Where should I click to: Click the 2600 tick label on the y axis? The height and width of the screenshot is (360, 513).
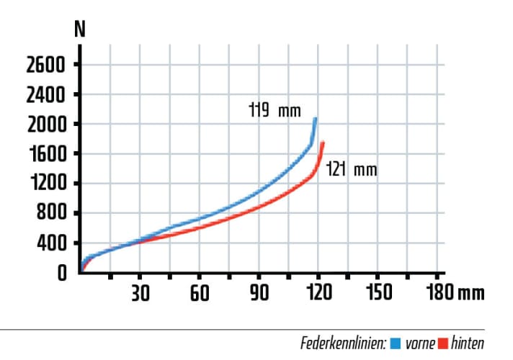point(45,66)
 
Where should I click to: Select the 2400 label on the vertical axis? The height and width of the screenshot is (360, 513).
point(45,95)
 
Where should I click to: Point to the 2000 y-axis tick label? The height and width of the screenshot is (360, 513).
point(45,125)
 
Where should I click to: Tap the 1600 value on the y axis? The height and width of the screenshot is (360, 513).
point(45,154)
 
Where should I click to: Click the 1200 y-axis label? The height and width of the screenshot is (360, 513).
point(45,184)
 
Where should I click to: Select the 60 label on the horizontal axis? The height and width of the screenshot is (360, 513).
point(200,292)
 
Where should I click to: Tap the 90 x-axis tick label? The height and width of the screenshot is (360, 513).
point(259,292)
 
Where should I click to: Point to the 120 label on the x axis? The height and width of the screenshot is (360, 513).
point(318,292)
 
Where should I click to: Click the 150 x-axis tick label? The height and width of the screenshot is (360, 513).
point(378,292)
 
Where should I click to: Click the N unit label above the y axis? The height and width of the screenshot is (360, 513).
point(81,31)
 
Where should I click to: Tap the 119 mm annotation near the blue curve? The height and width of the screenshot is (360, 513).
point(269,112)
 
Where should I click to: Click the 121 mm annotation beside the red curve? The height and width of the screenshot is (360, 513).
point(351,171)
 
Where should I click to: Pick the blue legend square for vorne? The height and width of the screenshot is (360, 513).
point(395,343)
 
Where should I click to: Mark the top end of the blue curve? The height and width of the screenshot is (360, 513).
point(315,119)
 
